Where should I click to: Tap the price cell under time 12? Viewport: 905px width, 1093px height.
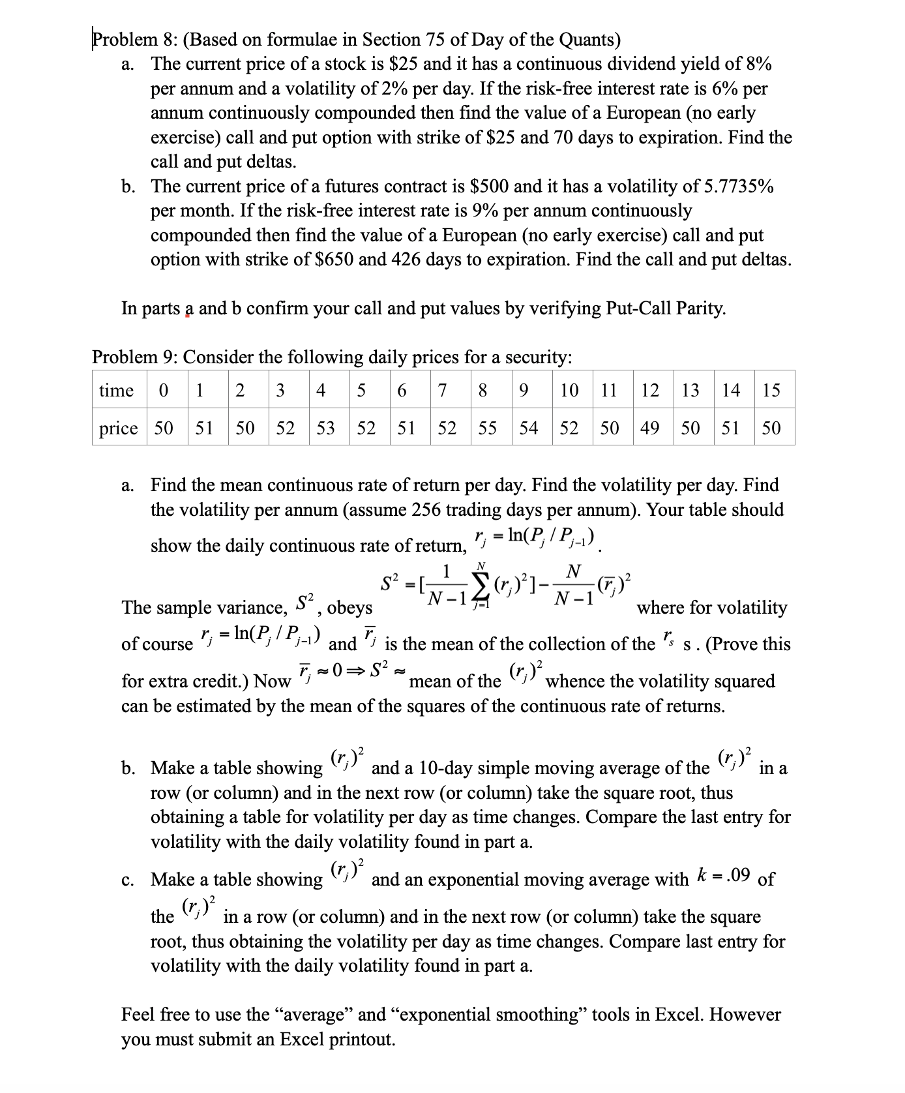650,428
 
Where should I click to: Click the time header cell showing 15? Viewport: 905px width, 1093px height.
771,391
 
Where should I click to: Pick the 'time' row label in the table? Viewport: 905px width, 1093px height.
116,391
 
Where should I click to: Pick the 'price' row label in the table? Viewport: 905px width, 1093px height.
118,428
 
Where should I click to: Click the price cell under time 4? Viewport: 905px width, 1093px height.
325,428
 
